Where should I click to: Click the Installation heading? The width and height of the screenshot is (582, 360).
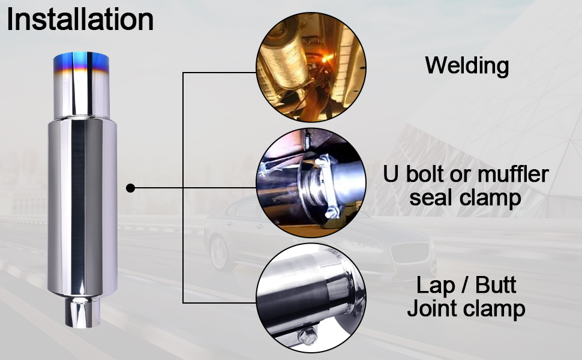(x=80, y=20)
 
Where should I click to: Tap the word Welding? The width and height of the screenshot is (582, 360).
(x=467, y=65)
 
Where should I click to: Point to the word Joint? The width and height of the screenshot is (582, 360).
(x=433, y=309)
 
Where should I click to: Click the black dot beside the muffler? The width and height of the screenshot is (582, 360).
(x=130, y=188)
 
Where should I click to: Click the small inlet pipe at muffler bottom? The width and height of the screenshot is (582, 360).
(x=79, y=312)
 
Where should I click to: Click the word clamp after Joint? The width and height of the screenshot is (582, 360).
(x=496, y=309)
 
